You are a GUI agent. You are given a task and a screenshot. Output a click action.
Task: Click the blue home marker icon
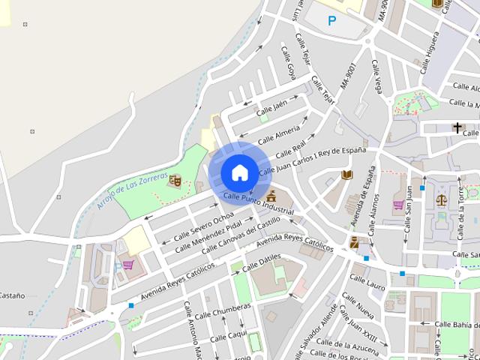[x=239, y=172]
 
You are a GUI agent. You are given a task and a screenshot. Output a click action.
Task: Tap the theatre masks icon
[x=175, y=180]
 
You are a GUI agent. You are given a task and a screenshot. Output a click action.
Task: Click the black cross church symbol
[x=457, y=127]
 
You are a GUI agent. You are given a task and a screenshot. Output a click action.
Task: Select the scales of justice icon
[x=441, y=199]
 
